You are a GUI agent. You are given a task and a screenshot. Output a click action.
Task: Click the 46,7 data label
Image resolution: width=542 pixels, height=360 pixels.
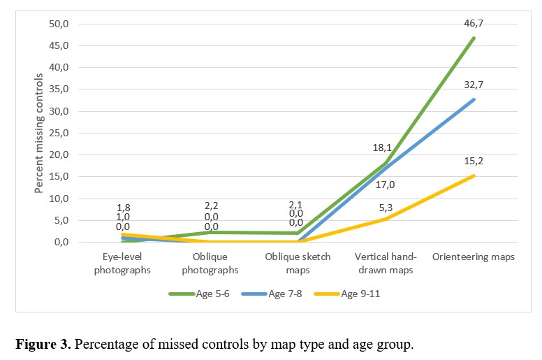click(474, 24)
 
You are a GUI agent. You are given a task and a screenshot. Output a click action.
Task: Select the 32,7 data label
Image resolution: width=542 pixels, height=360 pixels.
click(474, 85)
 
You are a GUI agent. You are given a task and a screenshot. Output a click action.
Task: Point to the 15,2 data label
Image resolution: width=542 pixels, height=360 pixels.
click(474, 161)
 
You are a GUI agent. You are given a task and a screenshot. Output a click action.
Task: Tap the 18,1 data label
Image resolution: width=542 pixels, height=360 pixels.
click(382, 148)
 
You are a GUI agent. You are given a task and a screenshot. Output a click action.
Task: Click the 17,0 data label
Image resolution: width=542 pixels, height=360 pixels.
click(385, 185)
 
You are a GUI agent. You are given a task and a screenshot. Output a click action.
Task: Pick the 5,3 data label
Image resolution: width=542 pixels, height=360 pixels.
click(386, 208)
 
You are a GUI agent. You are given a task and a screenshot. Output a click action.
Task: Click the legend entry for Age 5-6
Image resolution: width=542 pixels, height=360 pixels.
click(199, 294)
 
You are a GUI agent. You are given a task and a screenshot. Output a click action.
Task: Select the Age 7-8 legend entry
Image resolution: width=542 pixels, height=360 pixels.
click(272, 294)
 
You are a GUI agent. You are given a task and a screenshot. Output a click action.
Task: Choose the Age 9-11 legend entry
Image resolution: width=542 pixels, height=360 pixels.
click(347, 294)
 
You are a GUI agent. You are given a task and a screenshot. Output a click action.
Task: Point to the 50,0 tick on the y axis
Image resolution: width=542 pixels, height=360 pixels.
click(59, 24)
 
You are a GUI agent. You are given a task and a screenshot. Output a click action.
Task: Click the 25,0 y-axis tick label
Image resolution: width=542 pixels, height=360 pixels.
click(59, 133)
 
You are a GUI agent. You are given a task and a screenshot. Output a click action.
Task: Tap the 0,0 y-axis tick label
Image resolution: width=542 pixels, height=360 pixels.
click(61, 242)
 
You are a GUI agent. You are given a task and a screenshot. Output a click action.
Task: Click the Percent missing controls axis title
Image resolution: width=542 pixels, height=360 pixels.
click(38, 133)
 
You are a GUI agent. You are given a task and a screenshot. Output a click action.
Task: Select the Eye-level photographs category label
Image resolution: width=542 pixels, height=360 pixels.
click(122, 264)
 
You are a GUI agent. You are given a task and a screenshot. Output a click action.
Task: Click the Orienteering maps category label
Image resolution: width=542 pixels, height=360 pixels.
click(474, 257)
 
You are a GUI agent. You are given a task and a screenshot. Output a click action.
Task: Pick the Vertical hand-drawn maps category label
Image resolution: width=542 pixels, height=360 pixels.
click(386, 264)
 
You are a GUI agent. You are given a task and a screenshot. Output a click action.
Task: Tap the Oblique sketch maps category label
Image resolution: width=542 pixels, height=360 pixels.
click(298, 264)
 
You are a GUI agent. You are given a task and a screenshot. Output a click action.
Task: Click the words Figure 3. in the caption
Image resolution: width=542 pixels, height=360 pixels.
click(43, 345)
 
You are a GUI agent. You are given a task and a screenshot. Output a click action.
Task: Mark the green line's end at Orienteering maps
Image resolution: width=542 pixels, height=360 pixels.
click(474, 38)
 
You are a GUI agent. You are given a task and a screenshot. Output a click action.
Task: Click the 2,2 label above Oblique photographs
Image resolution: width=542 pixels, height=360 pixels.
click(211, 206)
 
